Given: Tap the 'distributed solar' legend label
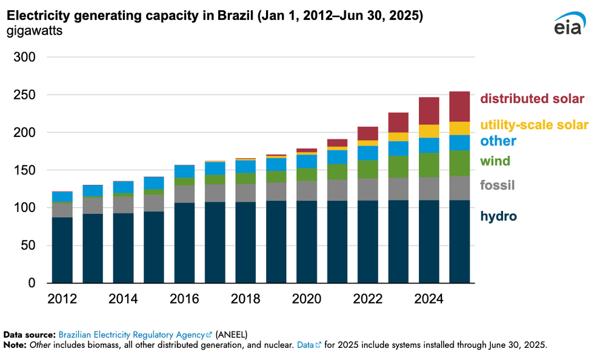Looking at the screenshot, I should click(532, 99).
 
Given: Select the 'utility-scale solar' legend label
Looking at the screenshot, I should click(534, 125).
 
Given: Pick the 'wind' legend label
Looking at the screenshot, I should click(495, 161).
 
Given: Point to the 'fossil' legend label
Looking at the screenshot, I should click(497, 185).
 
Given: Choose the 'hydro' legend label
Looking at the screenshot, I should click(498, 216).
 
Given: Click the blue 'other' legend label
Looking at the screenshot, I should click(498, 141).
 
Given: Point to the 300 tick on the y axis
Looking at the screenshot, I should click(25, 58).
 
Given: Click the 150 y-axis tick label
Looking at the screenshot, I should click(25, 170).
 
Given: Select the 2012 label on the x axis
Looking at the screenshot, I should click(62, 299).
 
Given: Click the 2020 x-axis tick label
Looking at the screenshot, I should click(307, 299).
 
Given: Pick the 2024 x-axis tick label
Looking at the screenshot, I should click(429, 299).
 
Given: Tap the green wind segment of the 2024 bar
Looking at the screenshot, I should click(429, 165).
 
